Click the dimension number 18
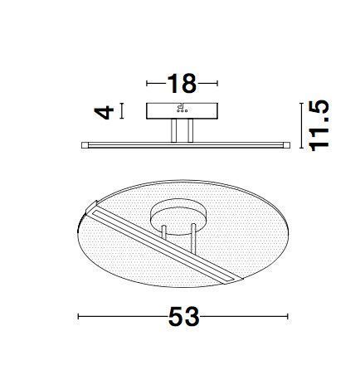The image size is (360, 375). (181, 84)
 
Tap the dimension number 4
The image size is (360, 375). (104, 110)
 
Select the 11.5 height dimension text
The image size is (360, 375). (319, 125)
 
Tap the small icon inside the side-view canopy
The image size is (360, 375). (182, 110)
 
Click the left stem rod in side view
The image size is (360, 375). (174, 131)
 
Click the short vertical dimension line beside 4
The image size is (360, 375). (123, 110)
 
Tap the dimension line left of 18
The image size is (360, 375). (155, 84)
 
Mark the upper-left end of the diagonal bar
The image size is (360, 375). (93, 206)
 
